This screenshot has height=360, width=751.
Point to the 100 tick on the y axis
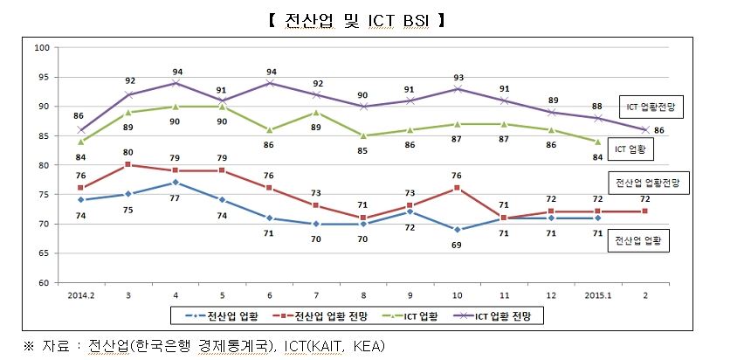[x=41, y=47]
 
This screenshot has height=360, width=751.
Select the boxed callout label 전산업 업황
[x=639, y=241]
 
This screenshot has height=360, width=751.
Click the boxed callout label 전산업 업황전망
[x=648, y=183]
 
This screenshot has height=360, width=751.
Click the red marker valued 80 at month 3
[x=128, y=164]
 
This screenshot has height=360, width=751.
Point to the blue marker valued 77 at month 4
[x=177, y=182]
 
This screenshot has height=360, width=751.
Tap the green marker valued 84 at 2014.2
[x=80, y=142]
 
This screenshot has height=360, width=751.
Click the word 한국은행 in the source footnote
[x=160, y=345]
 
